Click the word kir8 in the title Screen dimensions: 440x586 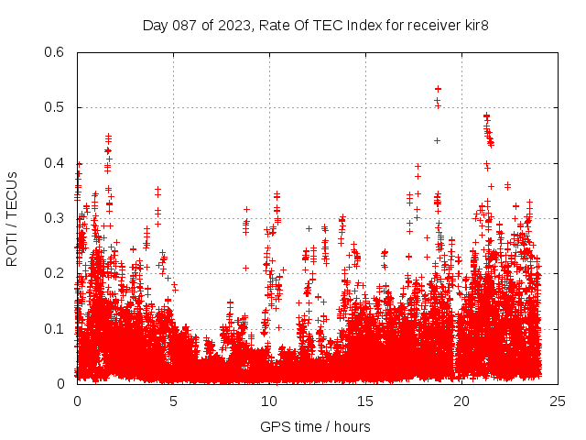tap(474, 25)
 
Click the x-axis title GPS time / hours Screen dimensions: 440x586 tap(315, 426)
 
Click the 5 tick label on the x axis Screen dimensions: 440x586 tap(173, 401)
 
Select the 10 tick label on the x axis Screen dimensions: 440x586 tap(269, 401)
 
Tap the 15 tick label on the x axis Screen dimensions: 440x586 tap(365, 401)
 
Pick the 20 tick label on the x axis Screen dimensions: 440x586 tap(461, 401)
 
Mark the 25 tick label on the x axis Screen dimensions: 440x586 tap(558, 401)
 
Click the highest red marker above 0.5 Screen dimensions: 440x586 tap(438, 89)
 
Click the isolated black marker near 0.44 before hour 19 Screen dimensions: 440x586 tap(437, 140)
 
